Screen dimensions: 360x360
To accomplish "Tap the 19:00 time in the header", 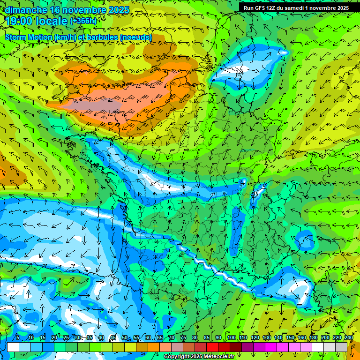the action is [x=20, y=21].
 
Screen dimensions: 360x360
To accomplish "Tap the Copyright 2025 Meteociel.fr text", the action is [x=199, y=357].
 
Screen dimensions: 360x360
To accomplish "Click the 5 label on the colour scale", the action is [x=18, y=337].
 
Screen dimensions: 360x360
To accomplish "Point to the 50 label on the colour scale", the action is [x=124, y=337].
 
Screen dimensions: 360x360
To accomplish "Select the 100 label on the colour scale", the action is [x=231, y=337].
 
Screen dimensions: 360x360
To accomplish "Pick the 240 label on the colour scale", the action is [x=348, y=337].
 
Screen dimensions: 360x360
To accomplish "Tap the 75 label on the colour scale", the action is [x=183, y=337].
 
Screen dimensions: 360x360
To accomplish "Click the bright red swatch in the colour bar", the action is [x=212, y=347].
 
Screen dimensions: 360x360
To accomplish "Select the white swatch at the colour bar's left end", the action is [x=13, y=347].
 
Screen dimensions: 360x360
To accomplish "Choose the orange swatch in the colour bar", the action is [x=154, y=347].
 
